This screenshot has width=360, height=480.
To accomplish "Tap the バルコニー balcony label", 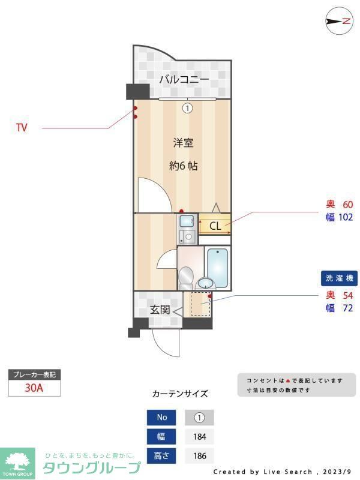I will (x=184, y=79).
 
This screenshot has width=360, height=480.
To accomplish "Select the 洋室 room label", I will (x=183, y=143).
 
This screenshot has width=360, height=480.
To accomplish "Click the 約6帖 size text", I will (x=183, y=166).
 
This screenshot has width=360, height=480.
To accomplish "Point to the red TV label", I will (x=22, y=128).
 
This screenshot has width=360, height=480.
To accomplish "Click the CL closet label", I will (x=215, y=226).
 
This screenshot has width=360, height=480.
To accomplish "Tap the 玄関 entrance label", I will (x=160, y=310).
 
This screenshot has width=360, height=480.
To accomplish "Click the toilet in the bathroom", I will (x=185, y=277).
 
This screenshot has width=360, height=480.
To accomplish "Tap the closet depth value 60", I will (x=347, y=204).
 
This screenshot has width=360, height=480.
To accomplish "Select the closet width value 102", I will (x=345, y=217).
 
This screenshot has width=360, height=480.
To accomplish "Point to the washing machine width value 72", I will (x=347, y=308).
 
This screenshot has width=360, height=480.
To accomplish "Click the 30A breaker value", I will (x=34, y=388).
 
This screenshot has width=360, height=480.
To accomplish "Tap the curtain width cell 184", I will (x=199, y=436).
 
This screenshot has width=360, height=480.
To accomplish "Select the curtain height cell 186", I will (x=199, y=455).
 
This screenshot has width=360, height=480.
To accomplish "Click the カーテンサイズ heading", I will (x=180, y=394).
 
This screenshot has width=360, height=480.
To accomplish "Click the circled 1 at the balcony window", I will (x=187, y=108).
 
